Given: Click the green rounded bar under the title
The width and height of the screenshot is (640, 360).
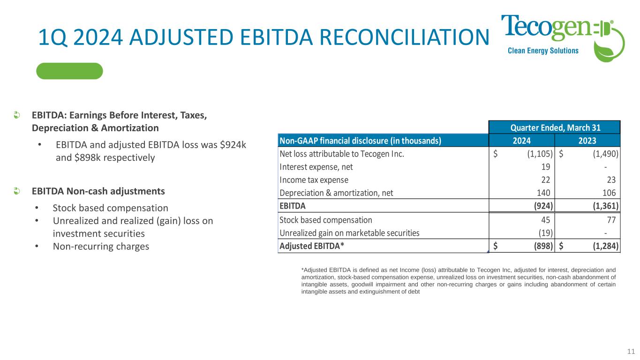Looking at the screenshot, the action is coord(69,71).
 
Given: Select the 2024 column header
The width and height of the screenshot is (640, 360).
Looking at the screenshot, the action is coord(522,141).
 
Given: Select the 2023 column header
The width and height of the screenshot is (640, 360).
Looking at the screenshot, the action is coord(587,141).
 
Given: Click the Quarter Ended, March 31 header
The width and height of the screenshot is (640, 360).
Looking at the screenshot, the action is coord(556,127).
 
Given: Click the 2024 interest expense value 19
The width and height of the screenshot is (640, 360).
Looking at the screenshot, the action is coord(546,167).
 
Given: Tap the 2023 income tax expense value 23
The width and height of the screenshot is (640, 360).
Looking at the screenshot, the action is coord(611,180).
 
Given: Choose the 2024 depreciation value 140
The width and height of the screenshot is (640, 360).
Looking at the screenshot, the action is coord(543,193).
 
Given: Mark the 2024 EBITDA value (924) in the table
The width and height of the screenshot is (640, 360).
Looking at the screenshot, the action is coord(543,206).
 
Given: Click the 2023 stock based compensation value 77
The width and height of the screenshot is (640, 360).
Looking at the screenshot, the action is coord(611,220).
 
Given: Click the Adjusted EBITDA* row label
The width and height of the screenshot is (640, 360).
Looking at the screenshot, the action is coord(312,246).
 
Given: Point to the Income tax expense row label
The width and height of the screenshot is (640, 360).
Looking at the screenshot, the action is coord(314,180).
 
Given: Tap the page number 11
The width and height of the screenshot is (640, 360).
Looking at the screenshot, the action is coord(631,351).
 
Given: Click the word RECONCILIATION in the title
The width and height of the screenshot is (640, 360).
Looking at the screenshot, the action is coord(405,37).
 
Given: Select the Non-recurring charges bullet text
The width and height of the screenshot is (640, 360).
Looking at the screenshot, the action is coord(101,246).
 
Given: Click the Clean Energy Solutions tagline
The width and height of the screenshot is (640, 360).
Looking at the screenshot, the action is coord(543,51).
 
